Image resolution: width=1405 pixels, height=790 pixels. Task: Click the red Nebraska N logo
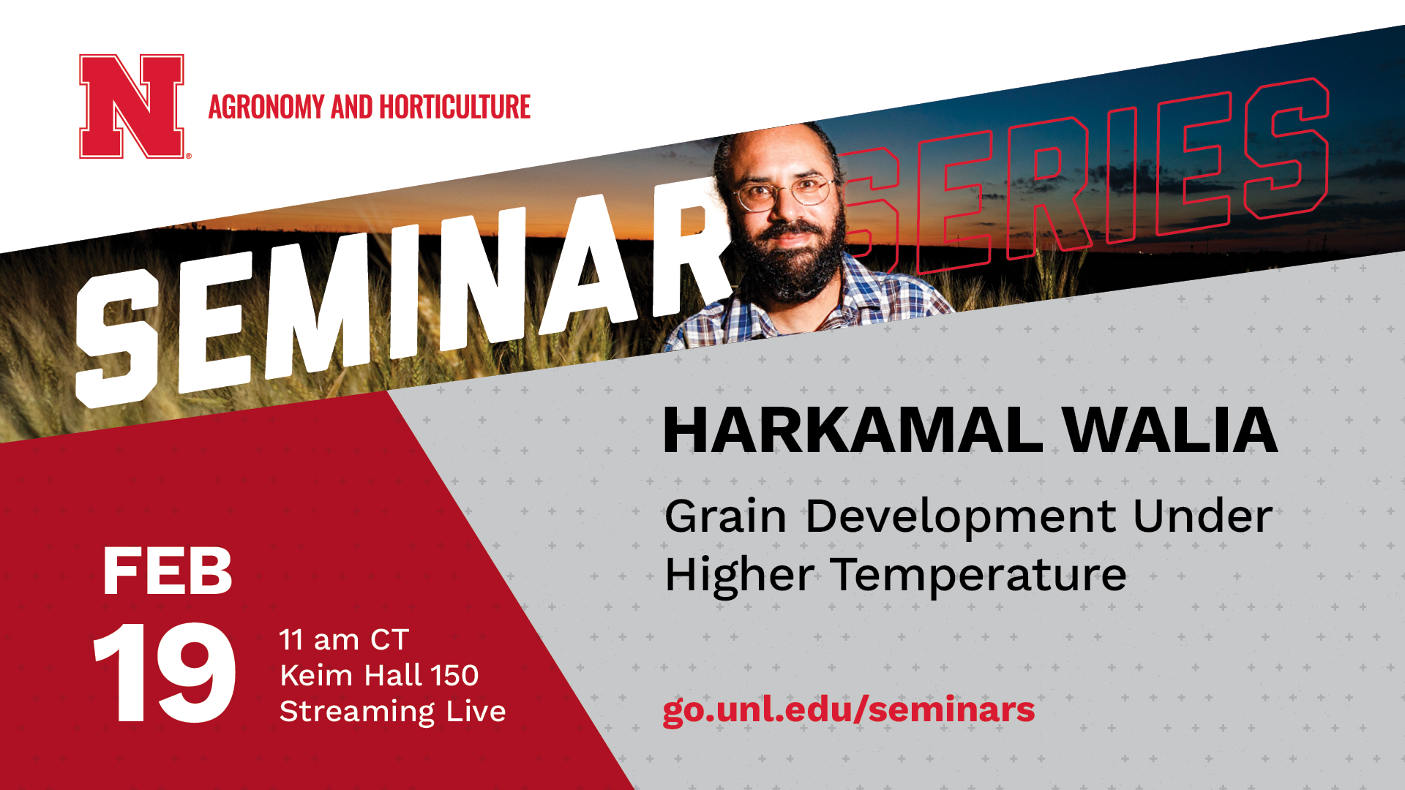click(x=132, y=106)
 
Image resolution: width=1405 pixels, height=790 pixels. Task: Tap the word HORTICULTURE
click(x=454, y=108)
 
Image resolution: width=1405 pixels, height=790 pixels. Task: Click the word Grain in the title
click(x=724, y=516)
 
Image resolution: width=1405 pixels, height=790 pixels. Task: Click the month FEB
click(x=167, y=572)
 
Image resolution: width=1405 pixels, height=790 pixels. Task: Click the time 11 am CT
click(x=344, y=640)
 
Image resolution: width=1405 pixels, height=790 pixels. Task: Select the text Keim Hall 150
click(x=379, y=675)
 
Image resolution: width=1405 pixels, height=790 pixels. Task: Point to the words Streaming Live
click(x=393, y=711)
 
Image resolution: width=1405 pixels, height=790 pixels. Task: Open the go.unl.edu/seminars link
click(x=849, y=710)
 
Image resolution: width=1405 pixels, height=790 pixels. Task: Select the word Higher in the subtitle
click(x=739, y=576)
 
